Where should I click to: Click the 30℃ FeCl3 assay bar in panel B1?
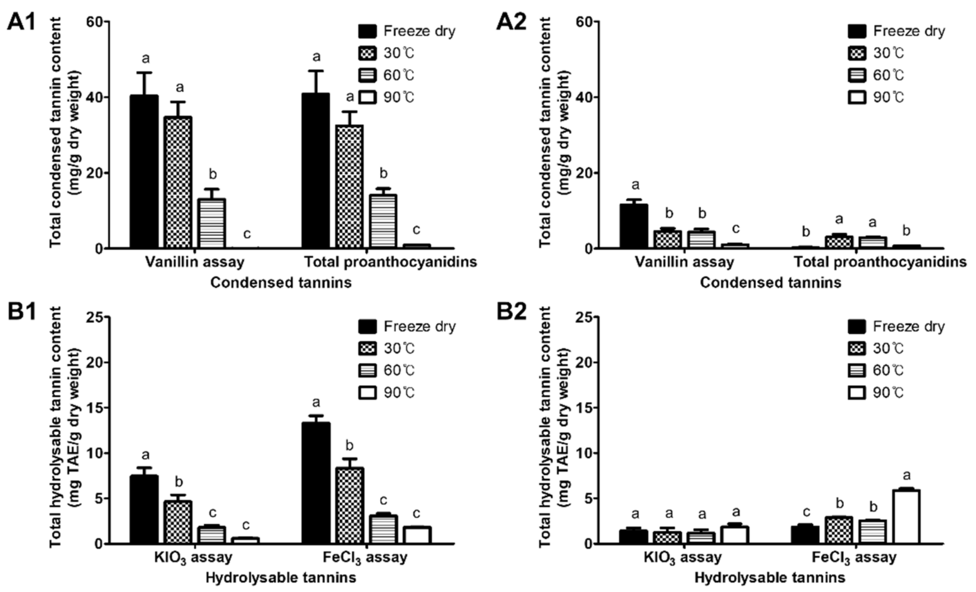click(x=350, y=505)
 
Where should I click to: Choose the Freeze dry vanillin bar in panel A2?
click(x=634, y=226)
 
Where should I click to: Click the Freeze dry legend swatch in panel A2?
click(x=857, y=31)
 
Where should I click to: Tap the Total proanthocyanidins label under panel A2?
click(x=880, y=262)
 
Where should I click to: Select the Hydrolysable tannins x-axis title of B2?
click(x=770, y=578)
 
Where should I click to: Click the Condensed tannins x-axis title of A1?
click(x=281, y=283)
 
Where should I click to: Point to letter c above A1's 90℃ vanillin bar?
click(x=247, y=234)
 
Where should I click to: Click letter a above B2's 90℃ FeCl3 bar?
click(x=906, y=475)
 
